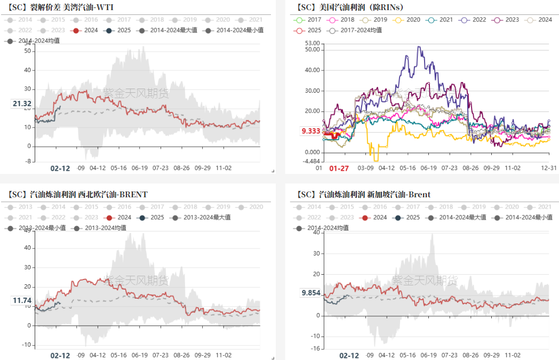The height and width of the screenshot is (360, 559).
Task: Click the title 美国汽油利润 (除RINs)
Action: tap(350, 7)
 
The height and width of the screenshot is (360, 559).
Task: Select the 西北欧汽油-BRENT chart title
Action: tap(77, 194)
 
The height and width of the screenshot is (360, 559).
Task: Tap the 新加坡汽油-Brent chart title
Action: tap(363, 194)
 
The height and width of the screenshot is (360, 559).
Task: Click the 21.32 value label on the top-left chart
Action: tap(21, 104)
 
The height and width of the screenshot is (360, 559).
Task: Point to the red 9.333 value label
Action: tap(310, 131)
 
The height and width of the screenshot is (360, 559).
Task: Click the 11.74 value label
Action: tap(22, 301)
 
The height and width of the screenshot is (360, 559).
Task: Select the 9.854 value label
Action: tap(310, 293)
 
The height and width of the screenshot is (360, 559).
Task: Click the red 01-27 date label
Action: tap(338, 168)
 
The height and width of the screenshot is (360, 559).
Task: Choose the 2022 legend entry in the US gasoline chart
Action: tap(473, 20)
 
